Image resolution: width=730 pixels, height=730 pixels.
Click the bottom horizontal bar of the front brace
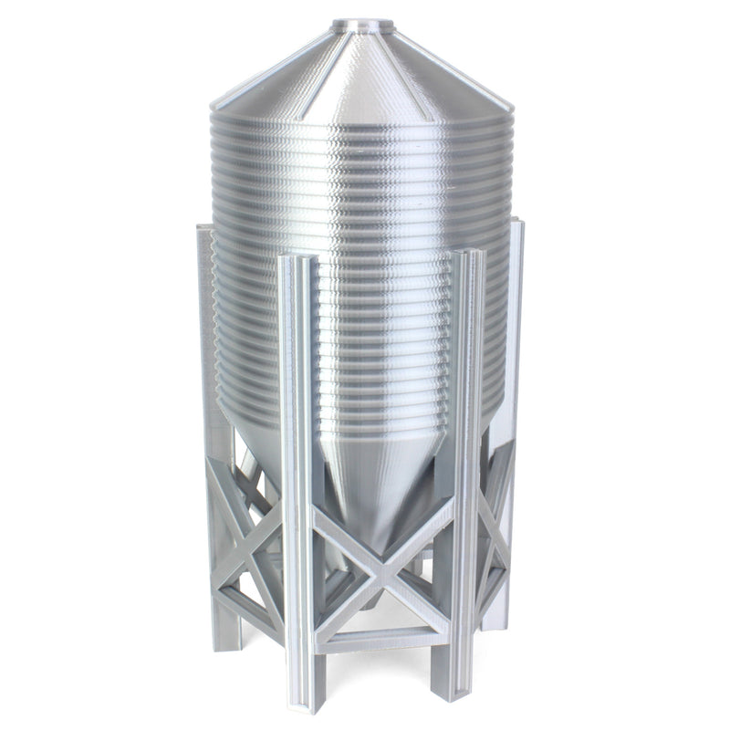tap(383, 636)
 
